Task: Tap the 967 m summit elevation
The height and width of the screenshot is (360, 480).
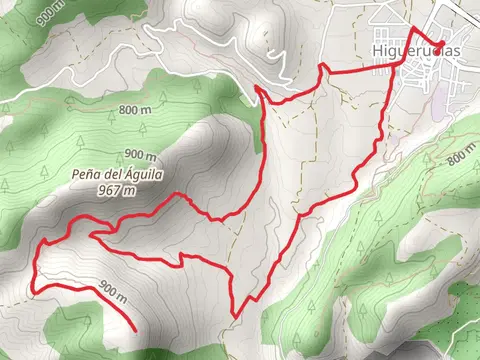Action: coord(116,190)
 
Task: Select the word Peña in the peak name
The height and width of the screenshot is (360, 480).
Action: coord(86,173)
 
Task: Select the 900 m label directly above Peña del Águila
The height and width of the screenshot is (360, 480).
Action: coord(141,155)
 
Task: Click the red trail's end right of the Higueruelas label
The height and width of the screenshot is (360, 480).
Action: coord(442,42)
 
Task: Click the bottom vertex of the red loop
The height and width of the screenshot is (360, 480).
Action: coord(233,314)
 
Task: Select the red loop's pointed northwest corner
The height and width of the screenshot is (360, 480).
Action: coord(258,88)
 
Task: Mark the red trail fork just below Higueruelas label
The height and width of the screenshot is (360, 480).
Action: coord(403,62)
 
